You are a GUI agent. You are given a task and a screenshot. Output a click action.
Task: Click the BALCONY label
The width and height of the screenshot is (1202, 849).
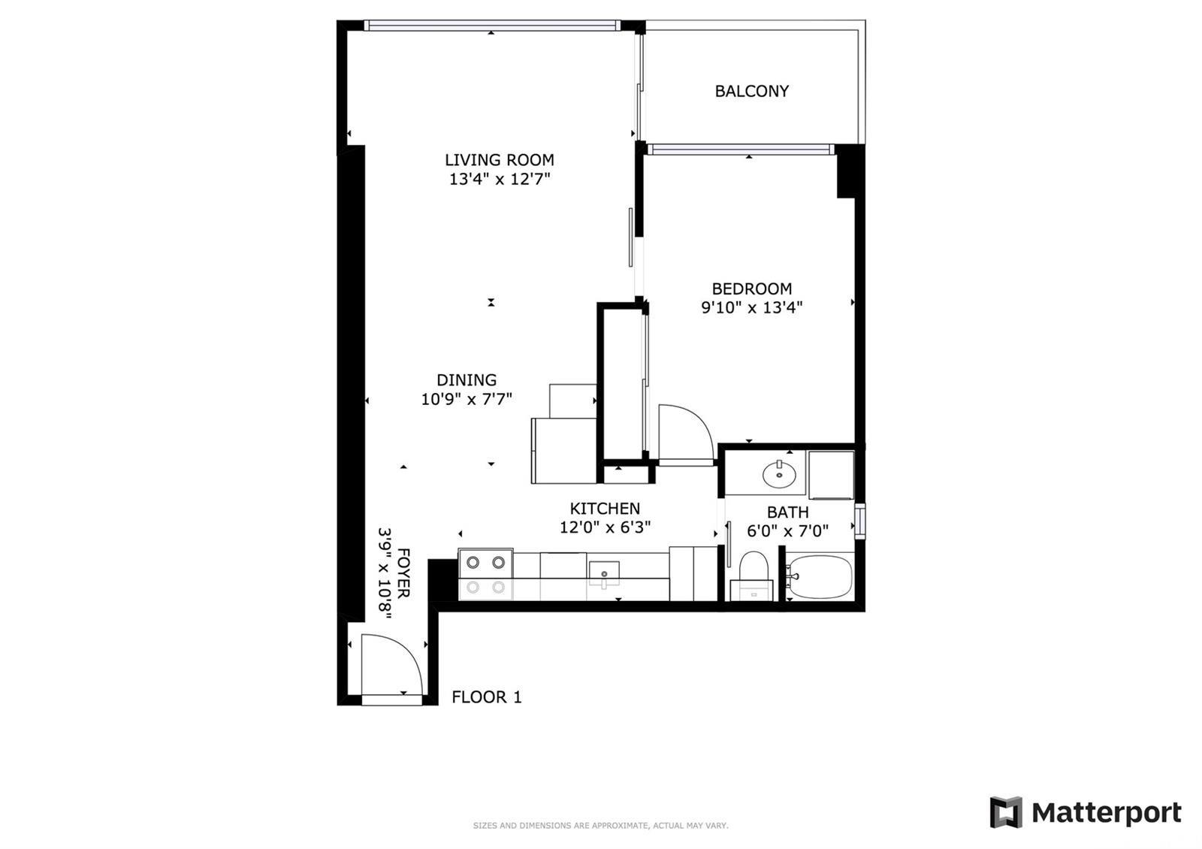(751, 91)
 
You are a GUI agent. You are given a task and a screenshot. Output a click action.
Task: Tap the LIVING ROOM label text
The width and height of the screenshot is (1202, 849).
(499, 159)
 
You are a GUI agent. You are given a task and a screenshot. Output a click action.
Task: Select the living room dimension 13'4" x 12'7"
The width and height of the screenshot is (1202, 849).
(499, 179)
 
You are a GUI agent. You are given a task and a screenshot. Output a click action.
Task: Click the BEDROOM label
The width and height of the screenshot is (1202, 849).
(751, 289)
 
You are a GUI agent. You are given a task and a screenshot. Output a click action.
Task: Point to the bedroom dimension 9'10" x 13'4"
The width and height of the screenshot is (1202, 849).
(751, 307)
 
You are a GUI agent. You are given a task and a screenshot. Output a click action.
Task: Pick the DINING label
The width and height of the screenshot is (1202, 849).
(467, 379)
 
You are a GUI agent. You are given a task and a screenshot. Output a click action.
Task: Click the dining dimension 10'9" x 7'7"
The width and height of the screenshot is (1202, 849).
(467, 399)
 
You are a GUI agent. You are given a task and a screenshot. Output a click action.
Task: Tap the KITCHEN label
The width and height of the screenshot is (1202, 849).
(605, 509)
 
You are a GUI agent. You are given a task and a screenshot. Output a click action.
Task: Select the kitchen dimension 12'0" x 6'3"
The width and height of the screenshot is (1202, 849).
(605, 527)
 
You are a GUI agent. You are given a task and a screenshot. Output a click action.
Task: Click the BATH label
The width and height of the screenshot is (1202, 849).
(787, 512)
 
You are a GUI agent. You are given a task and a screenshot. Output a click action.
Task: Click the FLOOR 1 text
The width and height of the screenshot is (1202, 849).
(486, 697)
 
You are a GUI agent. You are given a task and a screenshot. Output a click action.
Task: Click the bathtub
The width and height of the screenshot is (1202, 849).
(820, 577)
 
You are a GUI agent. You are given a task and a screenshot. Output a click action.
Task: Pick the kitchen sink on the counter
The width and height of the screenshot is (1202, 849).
(604, 573)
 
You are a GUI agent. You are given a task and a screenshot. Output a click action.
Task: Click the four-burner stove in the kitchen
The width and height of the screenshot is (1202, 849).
(485, 575)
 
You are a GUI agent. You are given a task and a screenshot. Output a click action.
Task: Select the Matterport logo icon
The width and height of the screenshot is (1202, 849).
(1006, 812)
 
